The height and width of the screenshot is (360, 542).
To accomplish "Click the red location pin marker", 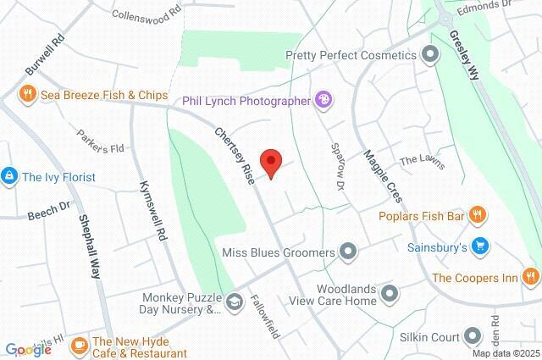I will (x=270, y=162).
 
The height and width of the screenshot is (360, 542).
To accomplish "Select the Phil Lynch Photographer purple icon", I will (x=323, y=100).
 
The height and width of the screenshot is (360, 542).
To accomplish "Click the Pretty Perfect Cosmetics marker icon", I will (x=430, y=55).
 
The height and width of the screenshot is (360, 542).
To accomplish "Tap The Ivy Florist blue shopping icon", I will (x=9, y=176).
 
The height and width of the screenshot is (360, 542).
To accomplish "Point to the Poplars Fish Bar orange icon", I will (x=478, y=215).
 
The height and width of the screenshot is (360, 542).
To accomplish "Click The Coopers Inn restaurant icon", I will (x=530, y=276).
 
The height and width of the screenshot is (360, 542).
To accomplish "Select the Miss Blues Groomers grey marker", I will (x=347, y=251).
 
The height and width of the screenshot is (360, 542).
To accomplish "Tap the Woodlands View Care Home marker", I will (x=389, y=294).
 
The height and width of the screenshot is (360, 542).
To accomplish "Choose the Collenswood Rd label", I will (x=147, y=15).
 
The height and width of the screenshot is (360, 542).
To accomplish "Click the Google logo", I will (x=28, y=349).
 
